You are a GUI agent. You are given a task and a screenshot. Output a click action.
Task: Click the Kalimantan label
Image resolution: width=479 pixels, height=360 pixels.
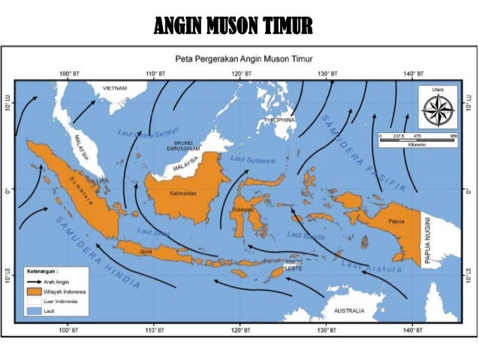coord(182,193)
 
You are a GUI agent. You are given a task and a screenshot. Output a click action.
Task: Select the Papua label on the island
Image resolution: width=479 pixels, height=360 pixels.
coord(396,222)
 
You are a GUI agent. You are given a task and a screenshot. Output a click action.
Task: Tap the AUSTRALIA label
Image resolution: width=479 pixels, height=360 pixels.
coord(350,310)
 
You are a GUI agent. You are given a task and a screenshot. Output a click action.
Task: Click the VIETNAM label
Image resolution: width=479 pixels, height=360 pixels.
coord(115,88)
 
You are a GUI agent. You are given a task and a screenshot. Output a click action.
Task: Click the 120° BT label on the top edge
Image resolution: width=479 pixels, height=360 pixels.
coord(241,74)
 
